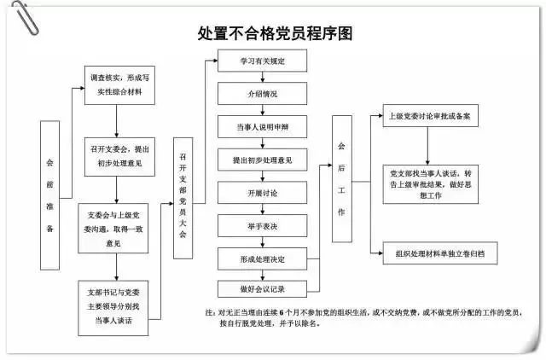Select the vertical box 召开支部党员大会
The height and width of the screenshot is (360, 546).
coord(183,197)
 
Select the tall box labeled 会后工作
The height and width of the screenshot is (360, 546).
coord(341,178)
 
